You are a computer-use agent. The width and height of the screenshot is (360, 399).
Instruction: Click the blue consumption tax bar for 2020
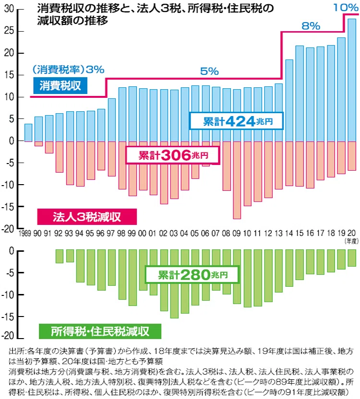coord(352,80)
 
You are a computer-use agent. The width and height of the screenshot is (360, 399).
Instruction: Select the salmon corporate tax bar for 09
coord(237,180)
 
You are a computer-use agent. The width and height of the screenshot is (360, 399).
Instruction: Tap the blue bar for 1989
coord(28,132)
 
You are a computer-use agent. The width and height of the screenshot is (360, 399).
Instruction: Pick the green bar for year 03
coord(174,284)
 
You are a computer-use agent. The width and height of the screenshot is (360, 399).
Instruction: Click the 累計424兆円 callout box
coord(237,121)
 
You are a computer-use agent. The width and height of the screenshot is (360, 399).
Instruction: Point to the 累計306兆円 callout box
coord(173,155)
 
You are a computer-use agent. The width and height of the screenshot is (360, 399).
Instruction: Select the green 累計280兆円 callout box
coord(192,274)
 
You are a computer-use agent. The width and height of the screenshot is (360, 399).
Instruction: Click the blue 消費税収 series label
coord(60,85)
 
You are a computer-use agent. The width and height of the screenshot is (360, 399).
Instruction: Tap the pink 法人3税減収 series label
coord(87,217)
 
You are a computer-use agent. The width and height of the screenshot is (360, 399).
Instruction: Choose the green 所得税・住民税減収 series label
coord(100,331)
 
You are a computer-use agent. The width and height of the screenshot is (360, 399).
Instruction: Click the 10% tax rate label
coord(346,7)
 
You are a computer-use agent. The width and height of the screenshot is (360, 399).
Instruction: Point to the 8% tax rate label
coord(311,26)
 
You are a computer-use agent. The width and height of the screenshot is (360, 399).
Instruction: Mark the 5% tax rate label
coord(209,71)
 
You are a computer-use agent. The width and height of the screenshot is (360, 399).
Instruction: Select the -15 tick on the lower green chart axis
coord(8,317)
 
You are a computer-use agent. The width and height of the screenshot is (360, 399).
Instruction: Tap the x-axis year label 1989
coord(25,233)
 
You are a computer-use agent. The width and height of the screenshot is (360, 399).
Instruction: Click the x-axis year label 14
coord(289,233)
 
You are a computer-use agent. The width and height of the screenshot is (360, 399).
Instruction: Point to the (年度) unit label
coord(351,241)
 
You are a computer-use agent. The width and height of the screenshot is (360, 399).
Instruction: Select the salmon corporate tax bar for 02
coord(164,173)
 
